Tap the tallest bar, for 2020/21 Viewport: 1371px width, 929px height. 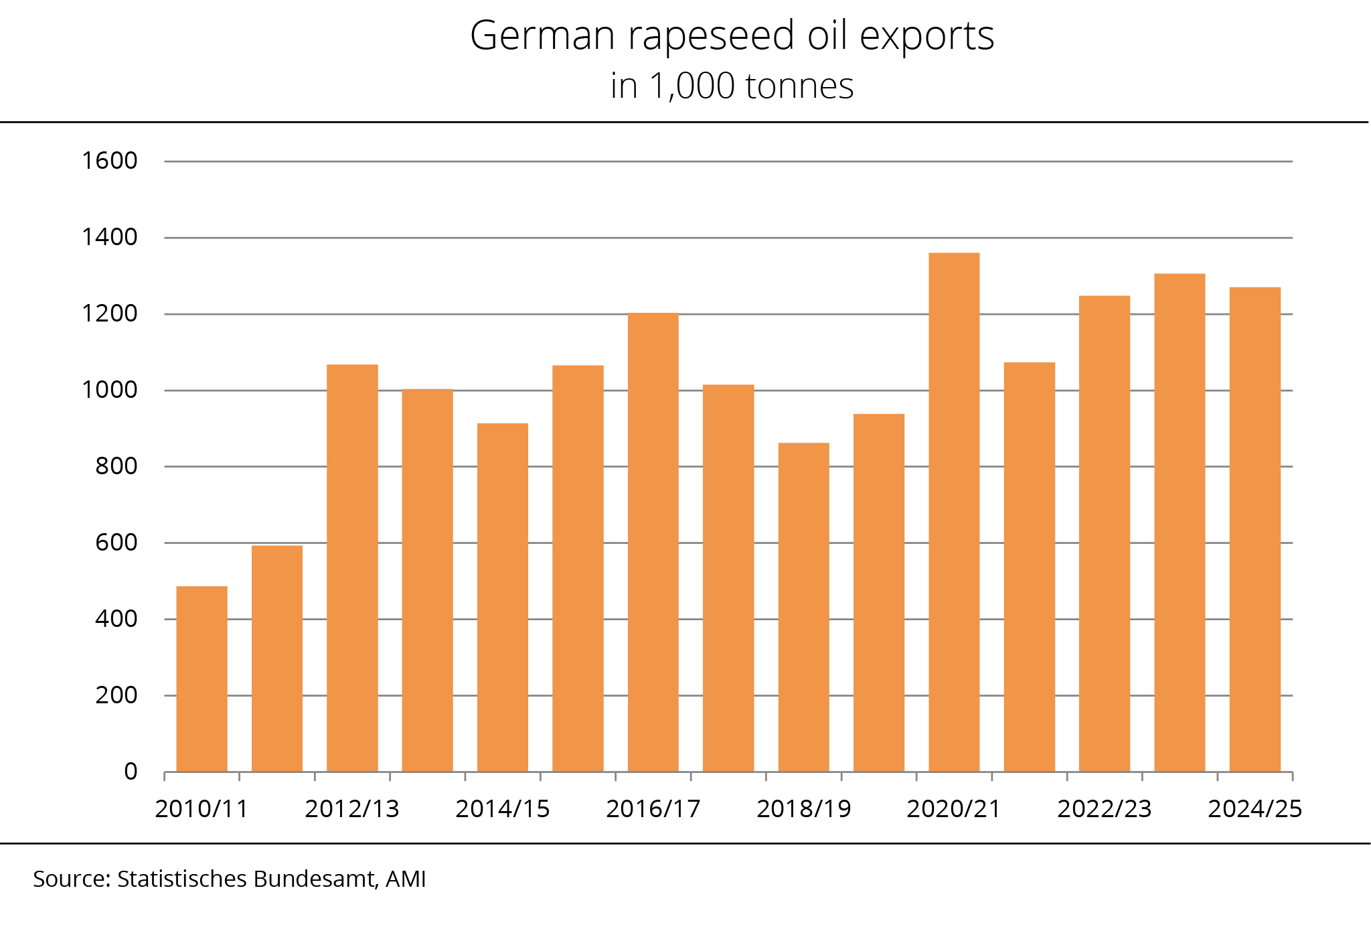[x=954, y=512]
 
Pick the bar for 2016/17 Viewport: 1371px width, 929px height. [x=653, y=543]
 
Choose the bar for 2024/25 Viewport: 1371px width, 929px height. [x=1255, y=529]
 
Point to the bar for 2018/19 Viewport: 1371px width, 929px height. [x=803, y=607]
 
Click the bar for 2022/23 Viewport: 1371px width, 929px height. [x=1105, y=534]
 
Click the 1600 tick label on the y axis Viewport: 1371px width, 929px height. [x=109, y=161]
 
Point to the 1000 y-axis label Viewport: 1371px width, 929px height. [x=109, y=390]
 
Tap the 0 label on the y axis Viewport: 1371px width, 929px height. [x=131, y=772]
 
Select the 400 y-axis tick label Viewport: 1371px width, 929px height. [x=116, y=619]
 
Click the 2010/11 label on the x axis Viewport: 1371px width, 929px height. [x=201, y=809]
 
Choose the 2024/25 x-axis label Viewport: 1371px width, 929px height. [x=1255, y=809]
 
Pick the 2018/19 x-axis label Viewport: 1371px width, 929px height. [x=803, y=809]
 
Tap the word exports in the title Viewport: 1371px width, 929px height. [x=926, y=36]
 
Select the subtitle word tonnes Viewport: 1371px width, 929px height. [x=799, y=86]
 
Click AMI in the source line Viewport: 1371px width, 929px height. [x=406, y=879]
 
